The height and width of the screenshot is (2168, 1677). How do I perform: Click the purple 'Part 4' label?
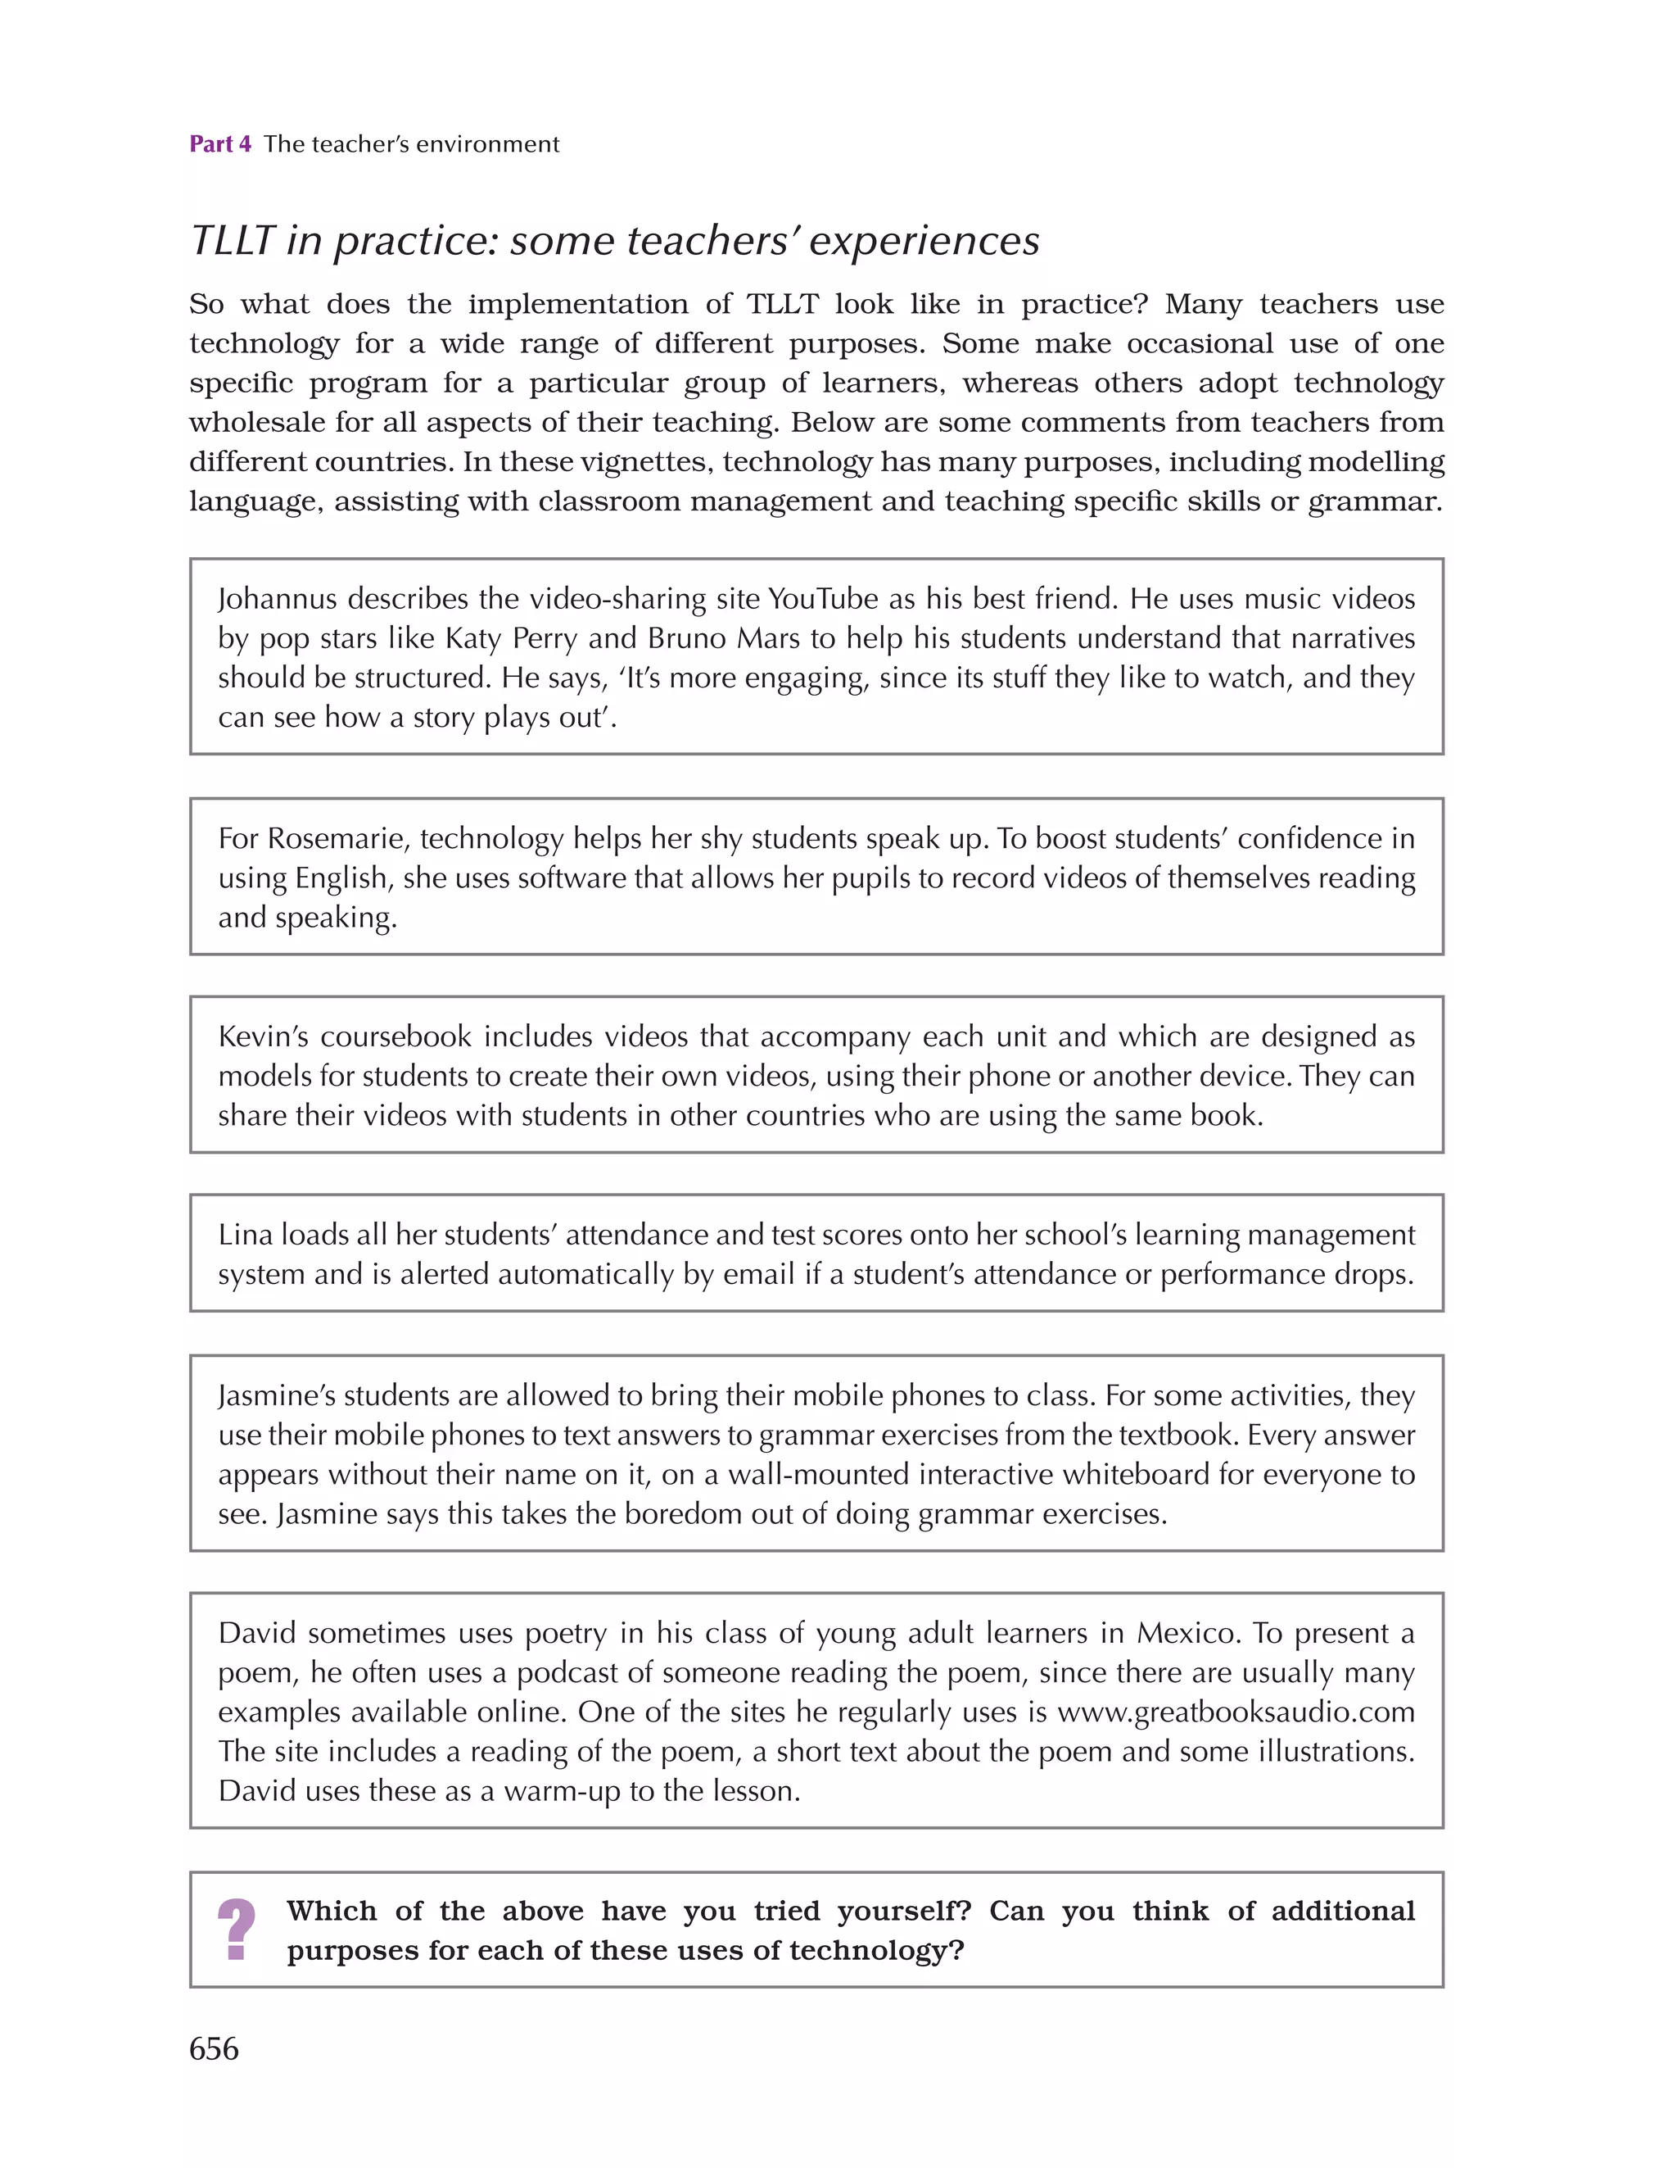[x=219, y=145]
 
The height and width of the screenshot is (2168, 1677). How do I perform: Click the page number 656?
[x=214, y=2048]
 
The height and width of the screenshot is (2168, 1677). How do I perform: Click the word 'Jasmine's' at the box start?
[x=276, y=1395]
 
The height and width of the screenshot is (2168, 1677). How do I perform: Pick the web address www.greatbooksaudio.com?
[x=1236, y=1712]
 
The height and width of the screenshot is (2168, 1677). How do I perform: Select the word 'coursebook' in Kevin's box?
[x=396, y=1036]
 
